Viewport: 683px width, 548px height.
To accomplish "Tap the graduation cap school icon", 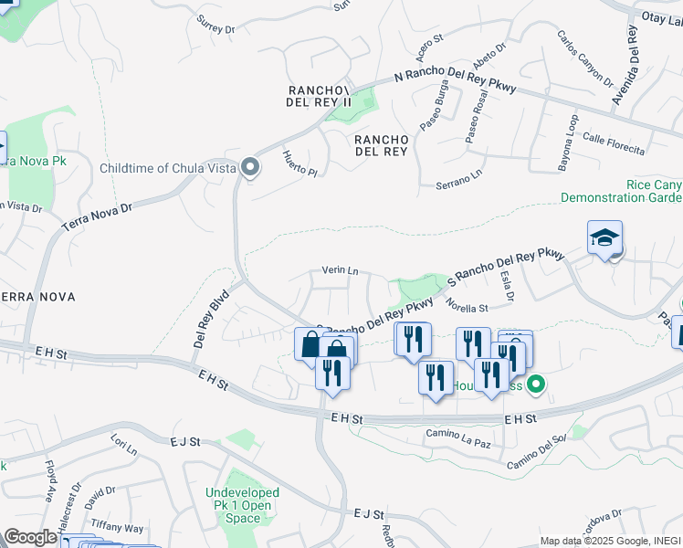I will pos(604,238).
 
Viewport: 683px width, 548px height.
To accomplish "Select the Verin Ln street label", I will pos(340,270).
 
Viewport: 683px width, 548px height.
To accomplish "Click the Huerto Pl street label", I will pos(299,164).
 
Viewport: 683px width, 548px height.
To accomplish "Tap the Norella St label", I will pos(468,308).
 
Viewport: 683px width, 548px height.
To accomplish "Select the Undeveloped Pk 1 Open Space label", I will pos(243,505).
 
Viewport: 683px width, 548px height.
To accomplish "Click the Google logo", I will pos(30,537).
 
